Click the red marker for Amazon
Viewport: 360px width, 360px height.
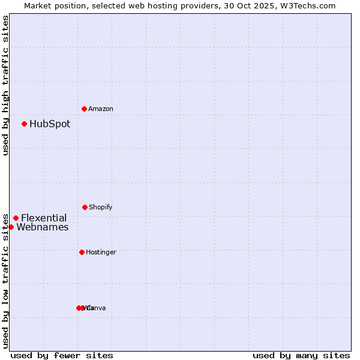[84, 109]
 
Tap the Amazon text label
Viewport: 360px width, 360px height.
[101, 109]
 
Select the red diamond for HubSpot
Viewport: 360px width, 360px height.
[24, 124]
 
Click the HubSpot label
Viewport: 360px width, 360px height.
[50, 124]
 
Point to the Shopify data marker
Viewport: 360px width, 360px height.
[85, 207]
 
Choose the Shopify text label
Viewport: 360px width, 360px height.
[101, 207]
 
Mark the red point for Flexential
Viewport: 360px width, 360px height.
[16, 218]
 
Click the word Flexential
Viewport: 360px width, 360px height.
[44, 218]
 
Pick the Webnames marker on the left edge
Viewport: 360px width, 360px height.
[11, 227]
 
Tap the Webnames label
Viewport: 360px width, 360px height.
[42, 227]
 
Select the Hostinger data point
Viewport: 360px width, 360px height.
[82, 252]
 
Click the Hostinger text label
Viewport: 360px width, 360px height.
[101, 252]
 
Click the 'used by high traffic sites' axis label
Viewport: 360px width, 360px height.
[5, 85]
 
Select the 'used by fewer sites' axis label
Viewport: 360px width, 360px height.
[62, 355]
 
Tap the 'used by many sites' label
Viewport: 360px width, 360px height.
[301, 355]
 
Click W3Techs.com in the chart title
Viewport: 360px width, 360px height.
[308, 5]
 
